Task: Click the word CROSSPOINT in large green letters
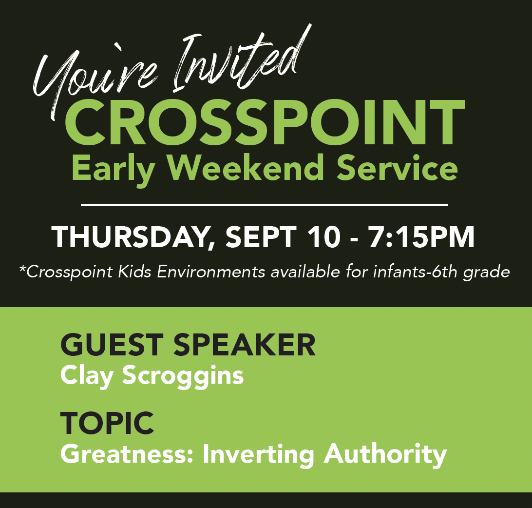coord(265,122)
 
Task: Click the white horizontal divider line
coord(265,205)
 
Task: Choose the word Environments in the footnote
coord(210,272)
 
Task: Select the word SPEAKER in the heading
coord(245,345)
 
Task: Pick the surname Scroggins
coord(183,376)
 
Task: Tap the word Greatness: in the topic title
coord(127,454)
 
